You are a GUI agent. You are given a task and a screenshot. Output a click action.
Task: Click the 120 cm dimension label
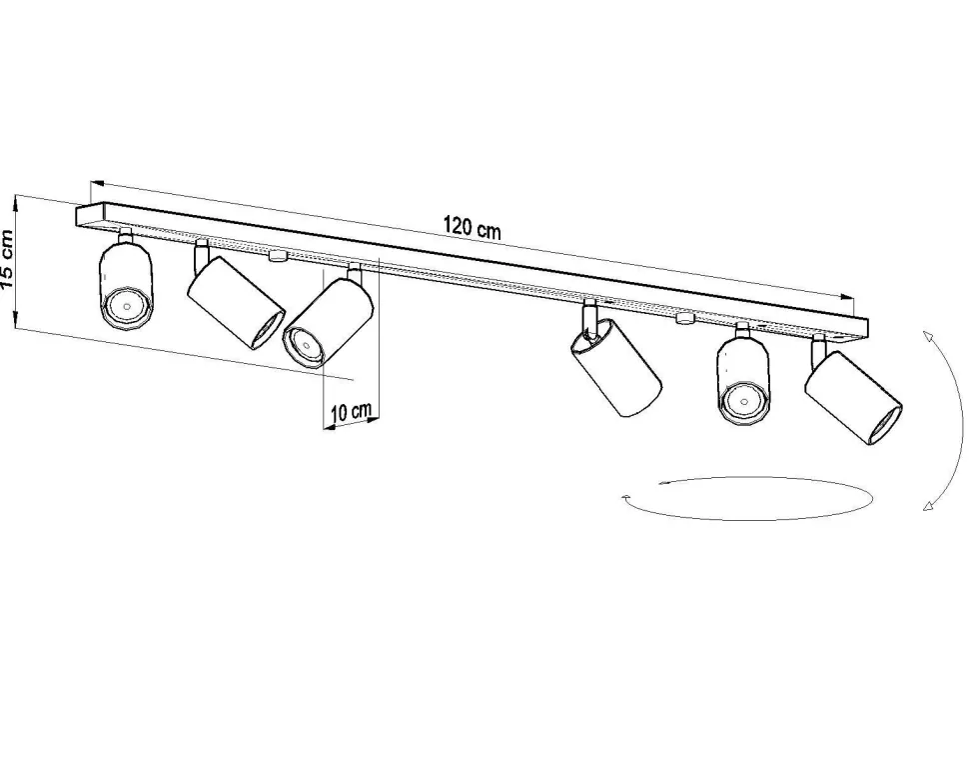coord(473,227)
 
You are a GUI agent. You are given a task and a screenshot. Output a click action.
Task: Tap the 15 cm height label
coord(9,259)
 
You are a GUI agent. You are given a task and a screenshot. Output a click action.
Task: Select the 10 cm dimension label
coord(351,411)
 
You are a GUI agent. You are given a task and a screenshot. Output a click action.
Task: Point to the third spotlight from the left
coord(328,320)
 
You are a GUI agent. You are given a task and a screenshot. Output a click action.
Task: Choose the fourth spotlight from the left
coord(616,367)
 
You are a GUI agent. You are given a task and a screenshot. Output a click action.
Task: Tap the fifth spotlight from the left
coord(743,380)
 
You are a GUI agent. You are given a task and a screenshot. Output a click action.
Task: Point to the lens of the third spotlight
coord(305,344)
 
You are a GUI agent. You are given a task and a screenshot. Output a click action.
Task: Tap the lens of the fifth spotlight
coord(744,402)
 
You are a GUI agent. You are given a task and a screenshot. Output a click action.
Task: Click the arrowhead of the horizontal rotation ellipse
coord(624,496)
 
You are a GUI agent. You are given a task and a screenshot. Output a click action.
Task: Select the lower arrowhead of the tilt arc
coord(929,507)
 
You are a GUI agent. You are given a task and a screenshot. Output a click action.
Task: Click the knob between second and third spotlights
coord(277,256)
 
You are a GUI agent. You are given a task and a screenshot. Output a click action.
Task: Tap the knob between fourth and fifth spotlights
coord(684,319)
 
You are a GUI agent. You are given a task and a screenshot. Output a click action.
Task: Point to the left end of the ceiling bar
coord(82,214)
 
